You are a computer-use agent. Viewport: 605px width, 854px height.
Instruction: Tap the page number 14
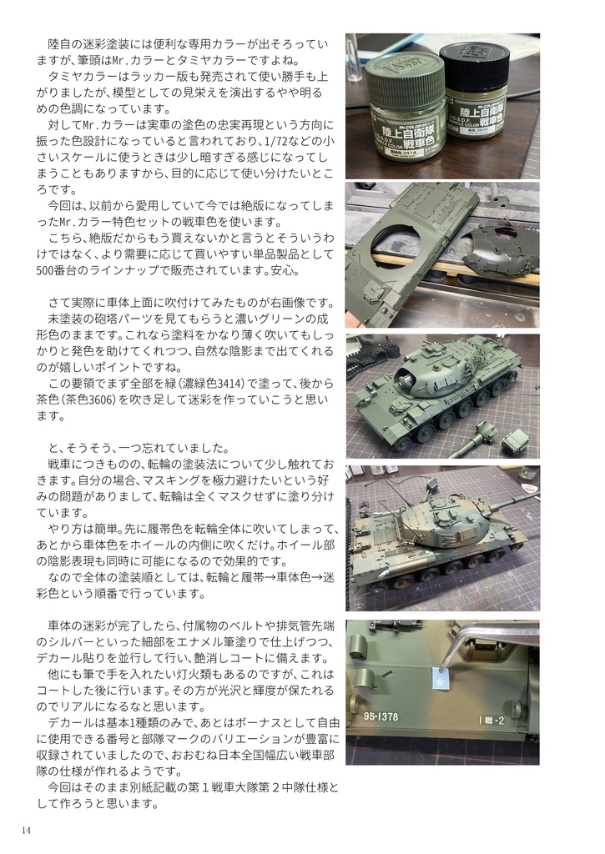point(28,830)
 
